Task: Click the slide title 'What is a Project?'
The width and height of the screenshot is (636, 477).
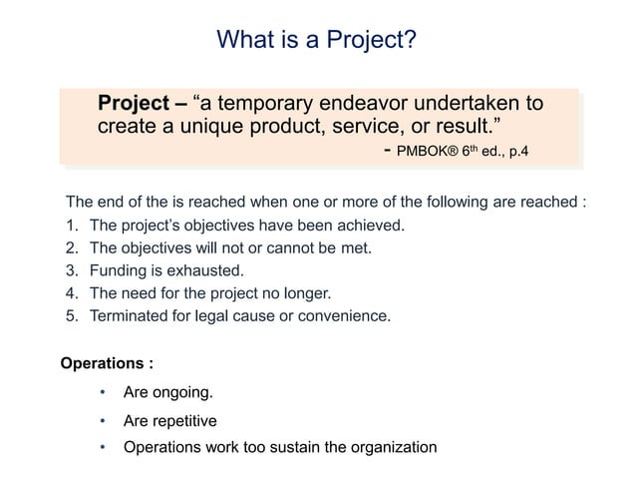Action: pyautogui.click(x=317, y=41)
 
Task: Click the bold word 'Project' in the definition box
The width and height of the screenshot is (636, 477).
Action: pyautogui.click(x=134, y=104)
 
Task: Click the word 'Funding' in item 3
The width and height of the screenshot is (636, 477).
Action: pyautogui.click(x=119, y=269)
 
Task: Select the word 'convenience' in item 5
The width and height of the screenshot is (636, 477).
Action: pyautogui.click(x=346, y=316)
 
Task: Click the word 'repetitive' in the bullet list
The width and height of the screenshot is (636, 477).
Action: pyautogui.click(x=182, y=420)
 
